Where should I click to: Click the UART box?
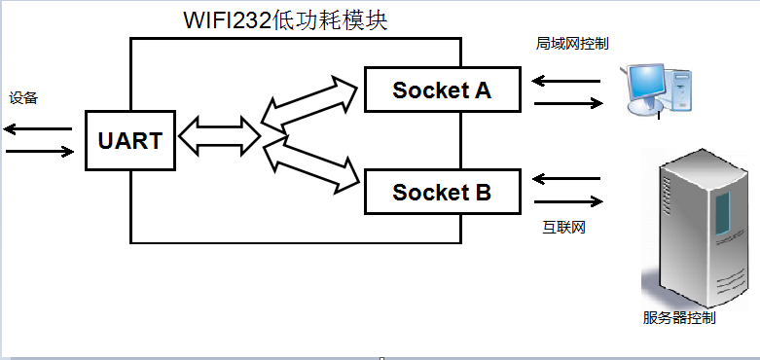click(x=129, y=140)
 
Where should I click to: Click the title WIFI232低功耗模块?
click(x=285, y=20)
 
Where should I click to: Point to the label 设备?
click(x=23, y=98)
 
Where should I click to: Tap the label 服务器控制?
click(x=679, y=318)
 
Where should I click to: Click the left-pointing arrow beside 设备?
click(x=38, y=128)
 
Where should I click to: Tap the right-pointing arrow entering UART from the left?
click(x=38, y=152)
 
